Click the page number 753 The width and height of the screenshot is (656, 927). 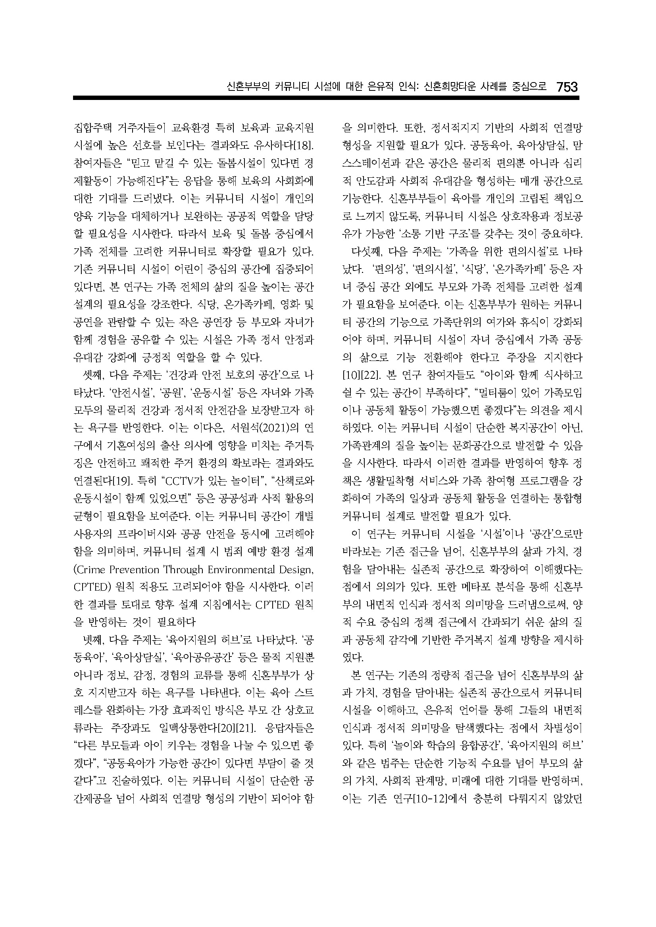tap(567, 87)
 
